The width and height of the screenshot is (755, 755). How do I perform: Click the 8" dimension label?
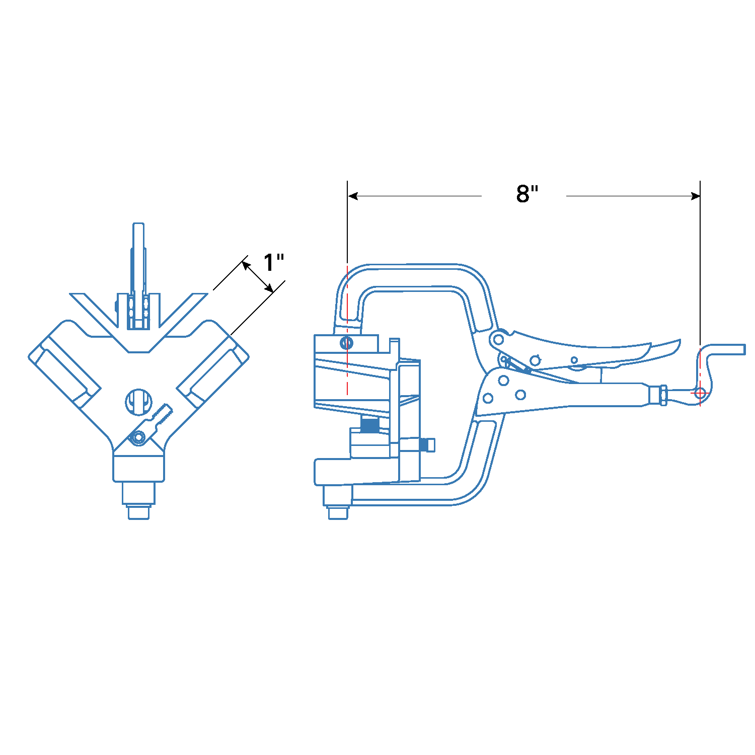[x=526, y=194]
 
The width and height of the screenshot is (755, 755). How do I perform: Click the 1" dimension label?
[x=273, y=262]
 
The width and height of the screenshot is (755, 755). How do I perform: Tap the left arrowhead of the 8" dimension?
[x=353, y=196]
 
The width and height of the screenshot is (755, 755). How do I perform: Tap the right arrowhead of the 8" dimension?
[x=695, y=196]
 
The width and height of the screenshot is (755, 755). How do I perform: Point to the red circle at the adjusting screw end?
[x=700, y=393]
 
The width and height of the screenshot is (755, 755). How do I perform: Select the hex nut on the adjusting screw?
[x=663, y=395]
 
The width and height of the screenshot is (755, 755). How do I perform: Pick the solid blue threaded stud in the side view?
[x=370, y=425]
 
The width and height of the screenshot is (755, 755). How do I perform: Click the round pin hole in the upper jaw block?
[x=346, y=343]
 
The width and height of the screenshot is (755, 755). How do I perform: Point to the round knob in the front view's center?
[x=138, y=402]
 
